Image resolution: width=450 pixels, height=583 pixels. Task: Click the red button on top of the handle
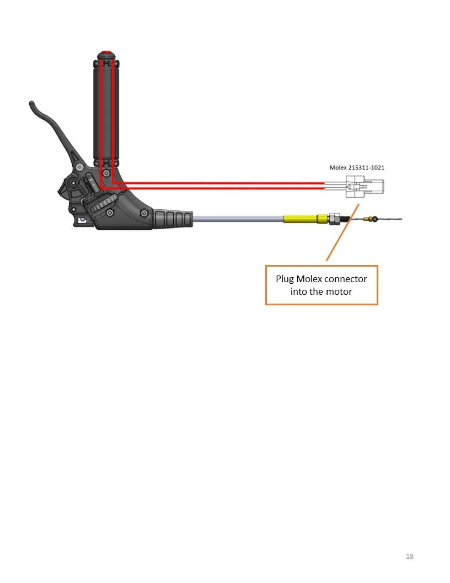point(106,54)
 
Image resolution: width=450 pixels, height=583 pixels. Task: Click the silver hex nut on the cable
point(334,219)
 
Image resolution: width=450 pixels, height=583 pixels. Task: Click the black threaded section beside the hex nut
point(345,219)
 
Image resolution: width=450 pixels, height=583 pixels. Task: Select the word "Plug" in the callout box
point(285,279)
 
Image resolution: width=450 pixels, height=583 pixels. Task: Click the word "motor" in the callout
point(339,291)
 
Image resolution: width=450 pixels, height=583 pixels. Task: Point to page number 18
point(409,556)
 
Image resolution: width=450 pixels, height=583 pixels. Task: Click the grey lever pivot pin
point(81,167)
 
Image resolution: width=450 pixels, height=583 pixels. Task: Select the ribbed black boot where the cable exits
point(174,218)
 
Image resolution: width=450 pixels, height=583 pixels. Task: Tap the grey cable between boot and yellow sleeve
point(237,219)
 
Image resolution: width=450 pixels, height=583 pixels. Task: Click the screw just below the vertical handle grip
point(106,173)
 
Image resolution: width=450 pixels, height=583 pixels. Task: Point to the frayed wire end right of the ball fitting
point(392,219)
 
